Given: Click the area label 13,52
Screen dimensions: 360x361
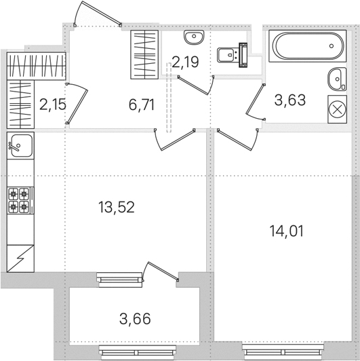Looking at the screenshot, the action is pos(117,207).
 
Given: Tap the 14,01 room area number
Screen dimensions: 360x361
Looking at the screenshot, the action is pos(286,231).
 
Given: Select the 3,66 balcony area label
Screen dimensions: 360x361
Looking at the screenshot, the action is pos(135,319).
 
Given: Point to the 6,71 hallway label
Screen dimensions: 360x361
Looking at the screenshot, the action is pos(142,104).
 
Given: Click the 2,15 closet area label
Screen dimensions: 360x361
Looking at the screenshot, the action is pos(53,104).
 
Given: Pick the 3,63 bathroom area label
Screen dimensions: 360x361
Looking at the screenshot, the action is pos(290,100).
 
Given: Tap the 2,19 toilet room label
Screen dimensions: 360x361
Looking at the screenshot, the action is pos(185,62).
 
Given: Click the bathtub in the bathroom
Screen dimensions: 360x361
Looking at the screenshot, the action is pos(308,46).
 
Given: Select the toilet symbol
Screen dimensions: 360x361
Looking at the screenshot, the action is pos(233,55).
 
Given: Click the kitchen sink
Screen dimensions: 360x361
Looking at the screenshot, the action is pos(20,145).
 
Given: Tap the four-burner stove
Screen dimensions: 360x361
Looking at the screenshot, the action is pos(20,201).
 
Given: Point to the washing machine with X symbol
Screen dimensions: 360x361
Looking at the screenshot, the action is pos(337,110).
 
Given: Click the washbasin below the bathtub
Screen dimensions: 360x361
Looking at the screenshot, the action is pos(337,79).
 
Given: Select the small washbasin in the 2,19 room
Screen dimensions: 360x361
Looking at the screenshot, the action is pos(194,37).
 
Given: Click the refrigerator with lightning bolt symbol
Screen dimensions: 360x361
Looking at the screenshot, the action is pos(20,259).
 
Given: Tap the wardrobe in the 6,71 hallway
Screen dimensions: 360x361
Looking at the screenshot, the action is pos(144,54).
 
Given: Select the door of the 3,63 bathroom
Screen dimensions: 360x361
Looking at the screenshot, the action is pos(256,102).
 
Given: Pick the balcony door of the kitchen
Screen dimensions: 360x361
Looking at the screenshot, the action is pos(160,271).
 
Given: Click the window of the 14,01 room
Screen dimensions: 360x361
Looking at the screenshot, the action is pos(283,352).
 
